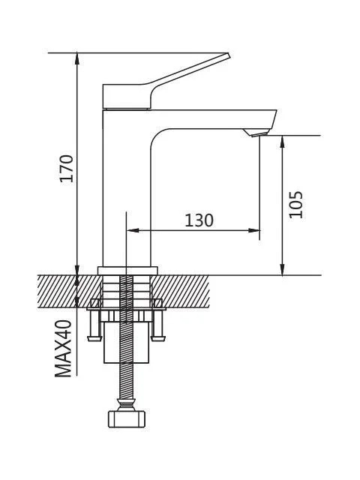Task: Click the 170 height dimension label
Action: pos(67,168)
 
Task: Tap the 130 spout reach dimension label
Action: pos(199,220)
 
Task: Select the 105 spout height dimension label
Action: pos(295,205)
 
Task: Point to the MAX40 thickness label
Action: pos(63,348)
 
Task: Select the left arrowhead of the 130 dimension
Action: pos(132,230)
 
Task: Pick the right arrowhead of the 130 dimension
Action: pos(254,230)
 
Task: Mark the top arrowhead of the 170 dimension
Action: pos(77,58)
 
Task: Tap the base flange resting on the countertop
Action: pos(127,271)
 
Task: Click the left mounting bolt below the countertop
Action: pos(94,325)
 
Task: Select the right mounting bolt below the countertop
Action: pos(158,325)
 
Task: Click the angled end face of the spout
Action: pos(273,120)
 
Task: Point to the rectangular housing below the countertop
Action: pos(127,342)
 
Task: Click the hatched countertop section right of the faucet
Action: pos(181,292)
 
